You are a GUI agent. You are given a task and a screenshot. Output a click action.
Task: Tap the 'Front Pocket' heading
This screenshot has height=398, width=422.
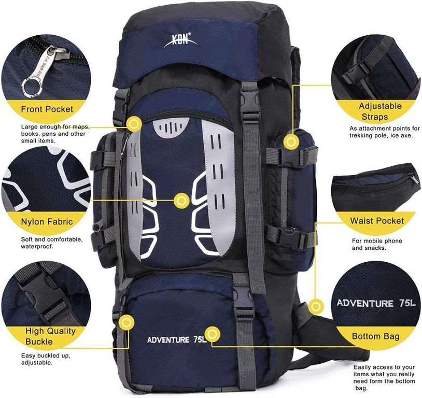click(x=47, y=109)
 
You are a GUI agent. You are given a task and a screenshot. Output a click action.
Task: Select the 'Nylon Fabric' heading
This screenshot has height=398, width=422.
click(x=47, y=221)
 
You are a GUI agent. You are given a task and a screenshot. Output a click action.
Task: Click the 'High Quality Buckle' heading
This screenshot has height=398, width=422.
click(x=50, y=336)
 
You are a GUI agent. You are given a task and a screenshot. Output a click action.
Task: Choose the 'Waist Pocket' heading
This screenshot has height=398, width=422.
click(x=377, y=221)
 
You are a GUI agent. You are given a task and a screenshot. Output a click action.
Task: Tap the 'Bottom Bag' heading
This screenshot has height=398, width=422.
click(x=376, y=336)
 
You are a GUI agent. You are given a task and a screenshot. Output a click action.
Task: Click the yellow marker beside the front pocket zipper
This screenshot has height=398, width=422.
click(x=134, y=124)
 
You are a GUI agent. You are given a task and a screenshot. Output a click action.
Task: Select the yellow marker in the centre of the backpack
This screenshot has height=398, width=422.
click(x=182, y=201)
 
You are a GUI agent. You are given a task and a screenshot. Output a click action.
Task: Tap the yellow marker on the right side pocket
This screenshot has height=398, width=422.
click(x=291, y=141)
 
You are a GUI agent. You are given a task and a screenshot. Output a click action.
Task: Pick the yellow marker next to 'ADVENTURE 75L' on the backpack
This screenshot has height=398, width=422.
click(x=213, y=334)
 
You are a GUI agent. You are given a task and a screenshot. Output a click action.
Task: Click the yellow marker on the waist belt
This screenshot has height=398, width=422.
click(x=316, y=306)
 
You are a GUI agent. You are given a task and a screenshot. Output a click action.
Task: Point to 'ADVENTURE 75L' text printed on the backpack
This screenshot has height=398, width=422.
click(x=177, y=339)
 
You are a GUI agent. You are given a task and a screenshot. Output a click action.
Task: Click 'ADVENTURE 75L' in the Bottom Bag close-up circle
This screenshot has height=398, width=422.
click(x=376, y=303)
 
